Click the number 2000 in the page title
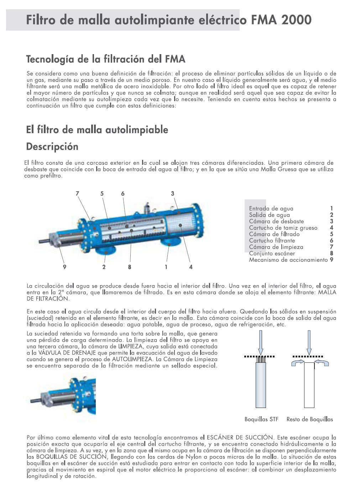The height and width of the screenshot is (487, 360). click(x=296, y=20)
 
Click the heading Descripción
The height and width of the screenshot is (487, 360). click(x=52, y=146)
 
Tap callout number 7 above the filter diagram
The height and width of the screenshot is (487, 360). click(x=77, y=194)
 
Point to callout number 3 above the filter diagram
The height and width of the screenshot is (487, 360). click(x=172, y=194)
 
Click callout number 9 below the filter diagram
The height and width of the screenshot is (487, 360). click(x=64, y=267)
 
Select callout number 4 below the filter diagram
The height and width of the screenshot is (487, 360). click(x=191, y=267)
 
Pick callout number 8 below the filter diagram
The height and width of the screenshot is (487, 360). click(x=130, y=267)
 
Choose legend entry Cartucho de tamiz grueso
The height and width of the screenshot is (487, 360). click(x=283, y=228)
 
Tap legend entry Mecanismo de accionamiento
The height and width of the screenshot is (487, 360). click(x=288, y=260)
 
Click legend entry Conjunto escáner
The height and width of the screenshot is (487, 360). click(x=272, y=253)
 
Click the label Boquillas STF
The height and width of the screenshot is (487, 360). click(x=261, y=419)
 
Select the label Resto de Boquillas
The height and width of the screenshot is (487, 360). click(x=309, y=419)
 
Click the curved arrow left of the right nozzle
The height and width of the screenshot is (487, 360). click(x=298, y=362)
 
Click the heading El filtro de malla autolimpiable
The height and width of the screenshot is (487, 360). click(x=97, y=129)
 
